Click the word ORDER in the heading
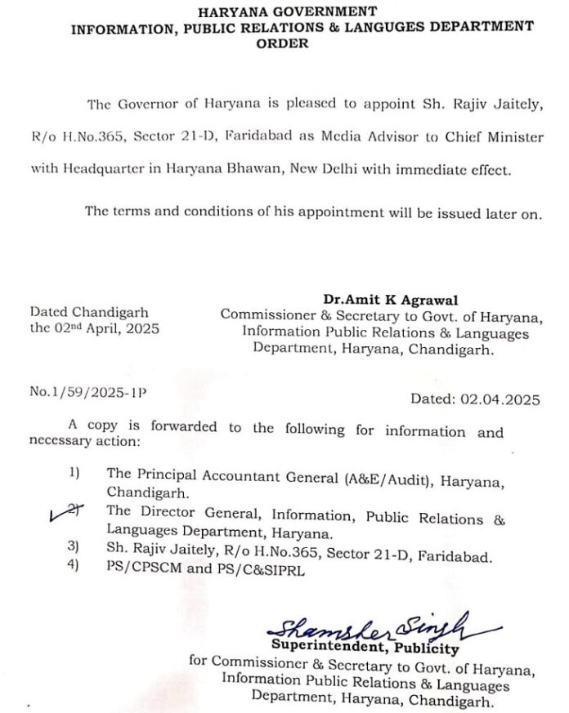click(x=283, y=43)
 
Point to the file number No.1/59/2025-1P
click(x=88, y=392)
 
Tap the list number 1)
click(x=74, y=474)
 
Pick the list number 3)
click(x=74, y=555)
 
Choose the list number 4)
click(x=74, y=571)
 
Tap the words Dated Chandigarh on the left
click(x=90, y=312)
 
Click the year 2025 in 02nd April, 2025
click(x=141, y=329)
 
